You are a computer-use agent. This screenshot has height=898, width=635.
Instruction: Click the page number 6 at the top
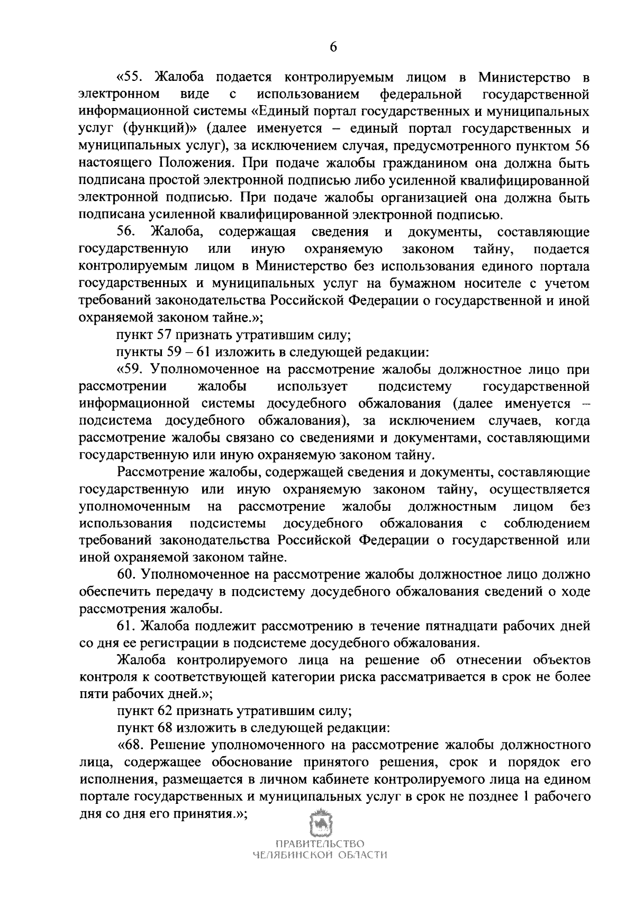pos(333,47)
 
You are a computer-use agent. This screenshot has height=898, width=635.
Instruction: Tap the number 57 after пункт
pos(164,335)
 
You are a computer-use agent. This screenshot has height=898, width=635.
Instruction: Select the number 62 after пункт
pos(164,712)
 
